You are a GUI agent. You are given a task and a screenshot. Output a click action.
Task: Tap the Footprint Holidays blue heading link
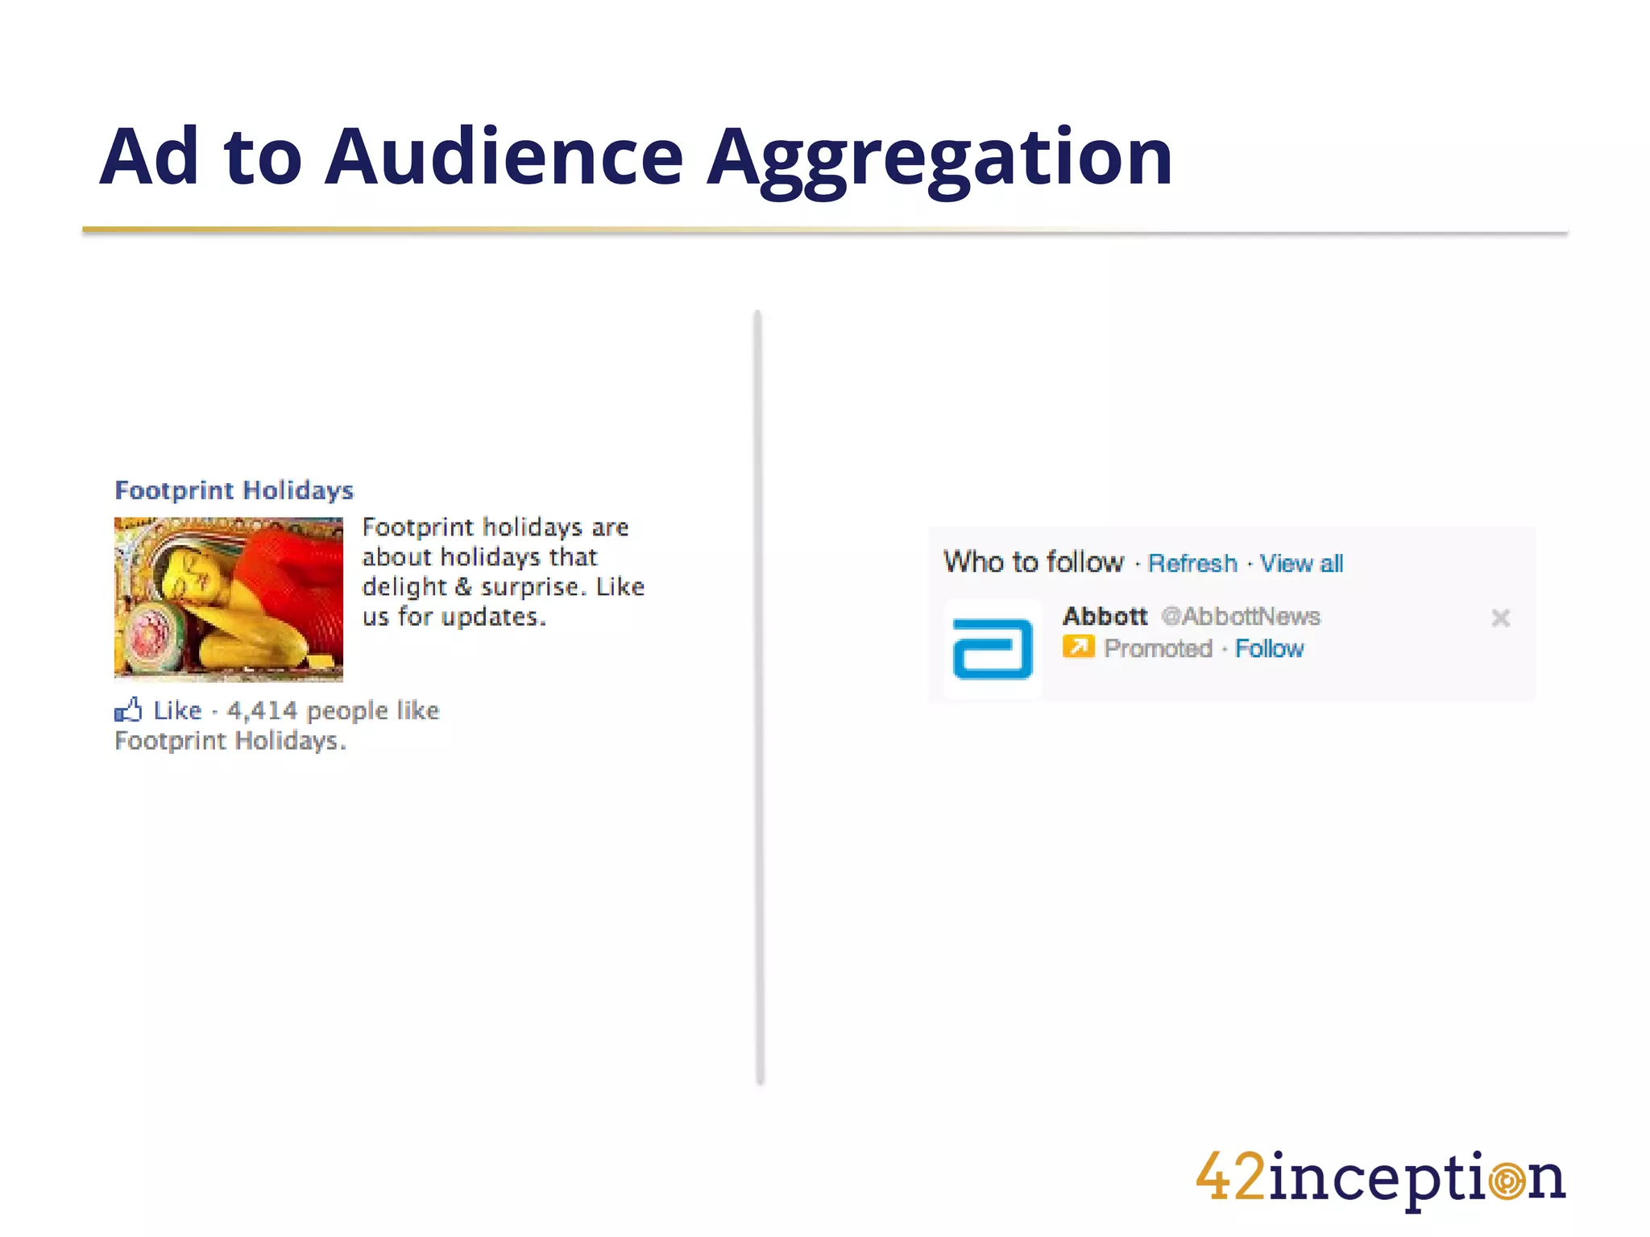click(x=234, y=490)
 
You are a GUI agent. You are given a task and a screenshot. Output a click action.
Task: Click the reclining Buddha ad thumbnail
click(x=229, y=599)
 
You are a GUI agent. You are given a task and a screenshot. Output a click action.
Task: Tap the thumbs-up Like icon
click(x=128, y=710)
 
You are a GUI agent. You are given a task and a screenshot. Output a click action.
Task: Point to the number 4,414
click(x=262, y=711)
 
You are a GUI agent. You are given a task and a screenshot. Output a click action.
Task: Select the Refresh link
click(x=1192, y=564)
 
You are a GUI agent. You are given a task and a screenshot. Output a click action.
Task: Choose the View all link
click(x=1301, y=564)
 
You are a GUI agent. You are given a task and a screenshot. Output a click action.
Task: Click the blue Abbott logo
click(x=993, y=648)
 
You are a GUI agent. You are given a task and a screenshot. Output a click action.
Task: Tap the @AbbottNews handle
click(x=1241, y=617)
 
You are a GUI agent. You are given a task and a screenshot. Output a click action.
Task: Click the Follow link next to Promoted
click(x=1269, y=649)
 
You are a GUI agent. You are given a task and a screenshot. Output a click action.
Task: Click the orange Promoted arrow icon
click(x=1078, y=647)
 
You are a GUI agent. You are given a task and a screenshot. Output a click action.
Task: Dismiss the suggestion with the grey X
click(x=1500, y=618)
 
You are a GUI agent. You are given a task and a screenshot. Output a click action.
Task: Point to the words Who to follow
click(x=1034, y=562)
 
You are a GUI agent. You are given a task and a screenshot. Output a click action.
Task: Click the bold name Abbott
click(x=1105, y=617)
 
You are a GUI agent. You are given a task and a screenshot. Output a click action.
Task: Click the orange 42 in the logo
click(x=1231, y=1178)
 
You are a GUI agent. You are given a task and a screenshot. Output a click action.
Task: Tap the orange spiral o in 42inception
click(x=1507, y=1181)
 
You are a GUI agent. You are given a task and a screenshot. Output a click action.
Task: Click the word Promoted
click(x=1158, y=649)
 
